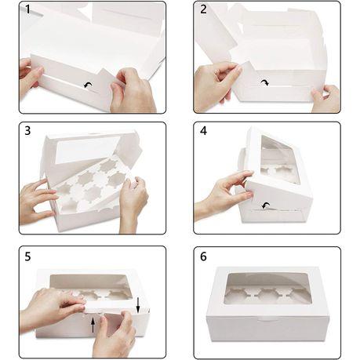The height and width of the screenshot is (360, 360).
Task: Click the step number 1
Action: click(27, 9)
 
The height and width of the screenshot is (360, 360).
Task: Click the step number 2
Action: click(203, 9)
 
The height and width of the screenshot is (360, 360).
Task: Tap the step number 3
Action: click(27, 130)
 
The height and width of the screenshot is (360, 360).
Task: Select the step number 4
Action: click(203, 130)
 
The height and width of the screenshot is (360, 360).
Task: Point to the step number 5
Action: click(27, 256)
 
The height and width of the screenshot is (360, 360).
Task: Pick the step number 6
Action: click(203, 256)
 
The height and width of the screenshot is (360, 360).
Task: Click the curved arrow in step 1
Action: click(88, 85)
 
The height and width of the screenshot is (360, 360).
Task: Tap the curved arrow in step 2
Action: click(264, 83)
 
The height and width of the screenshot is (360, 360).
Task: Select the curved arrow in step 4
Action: click(266, 205)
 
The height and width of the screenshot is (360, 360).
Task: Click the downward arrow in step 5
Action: click(138, 304)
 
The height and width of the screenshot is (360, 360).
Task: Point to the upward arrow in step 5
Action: click(93, 325)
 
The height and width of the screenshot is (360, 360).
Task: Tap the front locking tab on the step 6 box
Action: click(264, 319)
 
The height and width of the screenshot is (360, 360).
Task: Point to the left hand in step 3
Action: click(38, 202)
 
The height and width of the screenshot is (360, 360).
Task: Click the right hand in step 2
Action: click(325, 99)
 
